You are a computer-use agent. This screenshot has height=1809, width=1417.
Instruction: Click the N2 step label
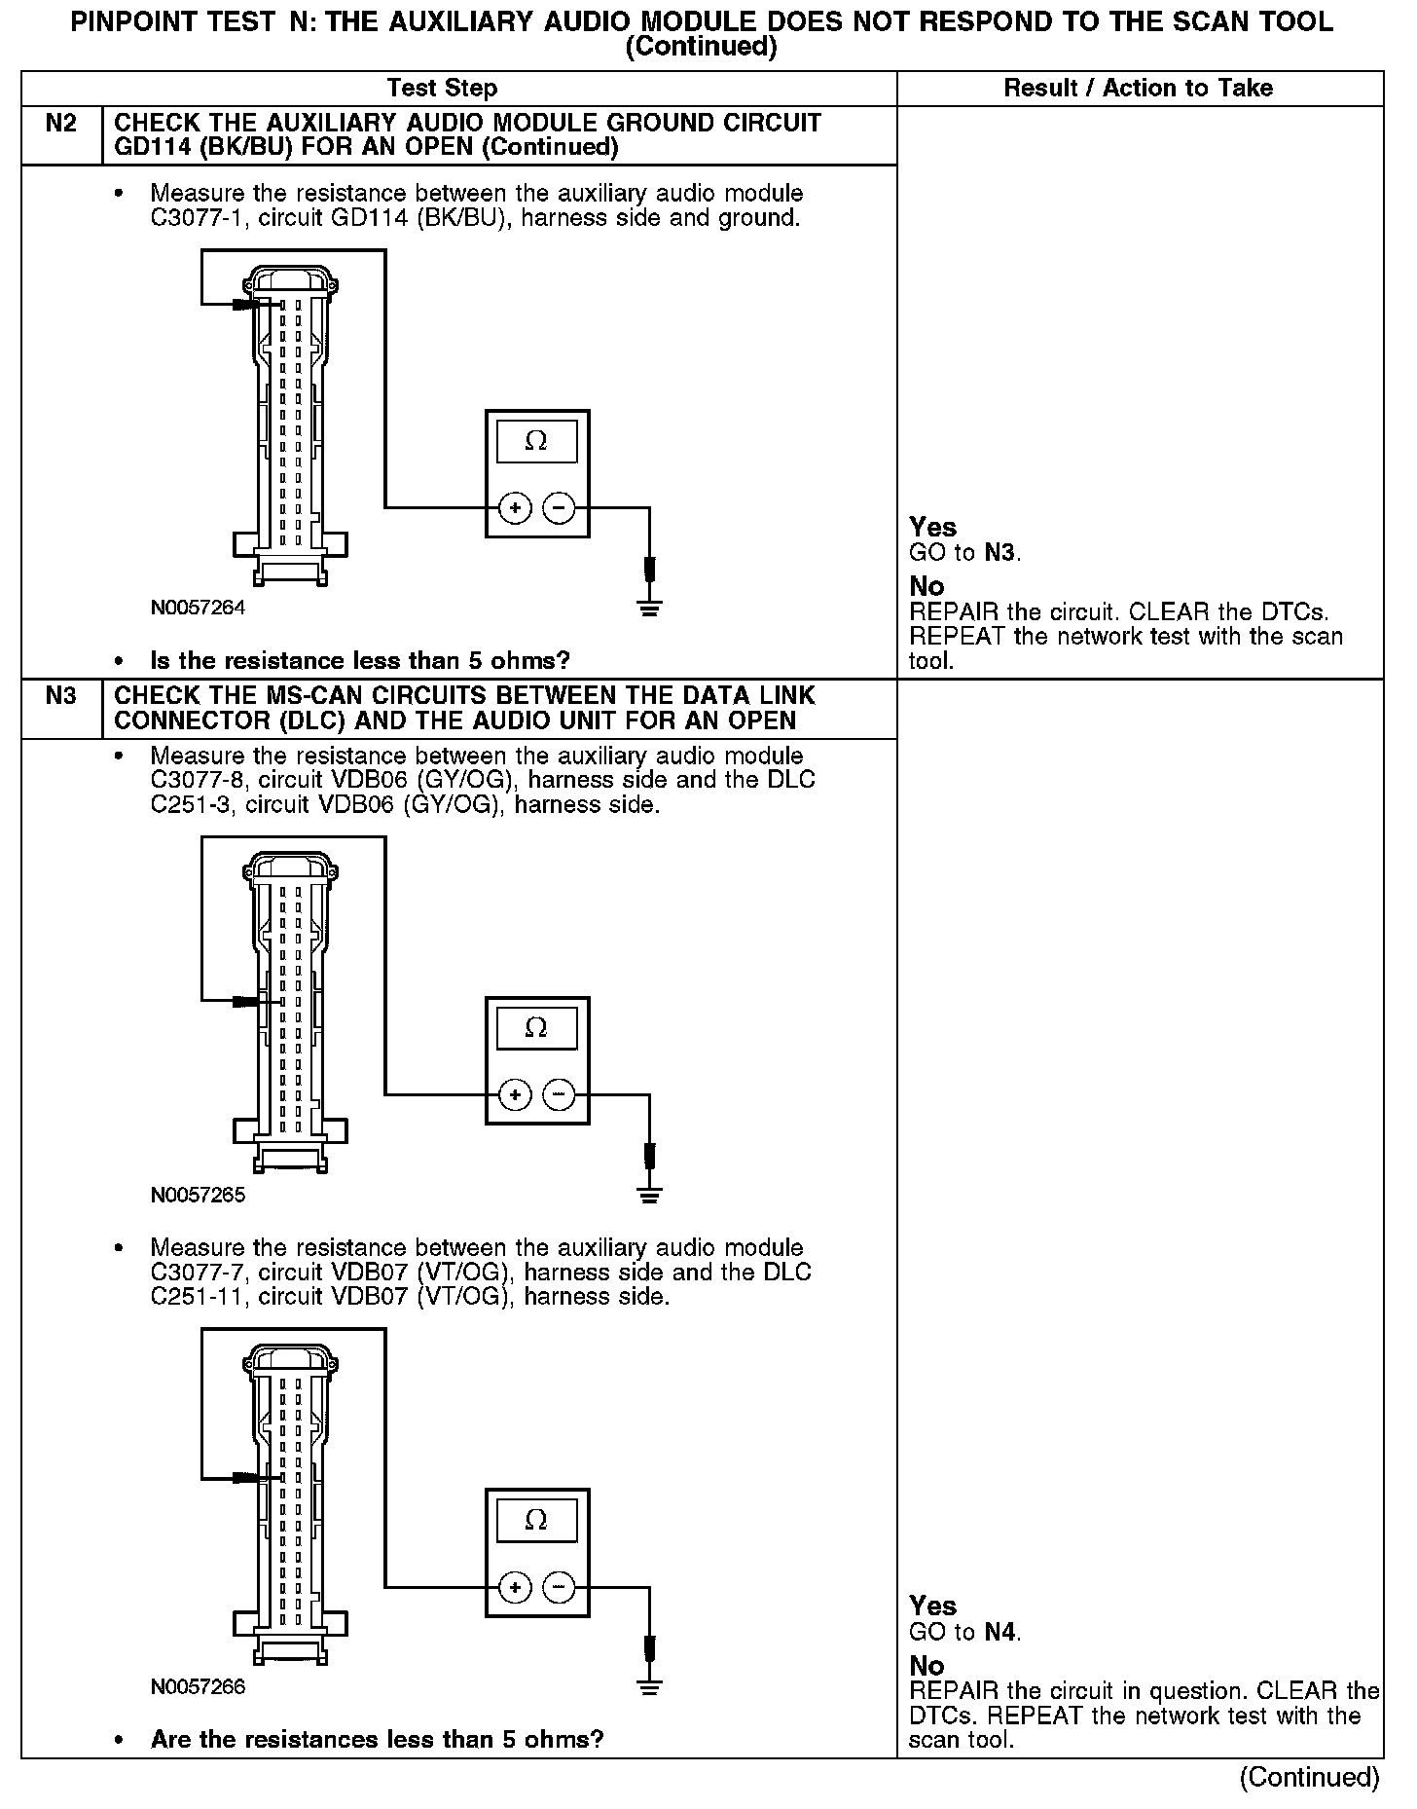(60, 124)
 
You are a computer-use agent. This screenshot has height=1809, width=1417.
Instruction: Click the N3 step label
(60, 696)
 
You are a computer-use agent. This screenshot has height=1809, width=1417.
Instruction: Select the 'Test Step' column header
(442, 89)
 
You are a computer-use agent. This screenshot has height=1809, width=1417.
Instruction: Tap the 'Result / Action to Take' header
(1138, 89)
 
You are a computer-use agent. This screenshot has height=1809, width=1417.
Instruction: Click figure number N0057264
(198, 609)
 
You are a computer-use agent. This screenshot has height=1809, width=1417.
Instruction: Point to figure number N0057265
(198, 1196)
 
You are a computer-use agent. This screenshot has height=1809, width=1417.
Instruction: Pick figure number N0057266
(198, 1687)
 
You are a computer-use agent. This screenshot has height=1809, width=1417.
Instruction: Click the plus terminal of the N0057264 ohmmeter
(515, 507)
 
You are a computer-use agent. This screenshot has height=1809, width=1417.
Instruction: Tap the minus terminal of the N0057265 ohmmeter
(559, 1095)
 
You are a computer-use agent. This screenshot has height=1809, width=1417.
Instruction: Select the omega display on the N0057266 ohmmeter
(536, 1520)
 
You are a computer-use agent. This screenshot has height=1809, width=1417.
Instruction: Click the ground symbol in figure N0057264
(650, 609)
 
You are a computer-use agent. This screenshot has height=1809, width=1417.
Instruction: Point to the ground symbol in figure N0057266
(650, 1687)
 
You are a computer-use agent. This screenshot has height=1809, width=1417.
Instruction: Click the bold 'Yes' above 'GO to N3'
(932, 528)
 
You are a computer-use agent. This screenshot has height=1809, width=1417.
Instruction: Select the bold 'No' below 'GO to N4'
(926, 1665)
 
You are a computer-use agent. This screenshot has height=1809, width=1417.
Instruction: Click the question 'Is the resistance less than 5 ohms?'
(359, 661)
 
